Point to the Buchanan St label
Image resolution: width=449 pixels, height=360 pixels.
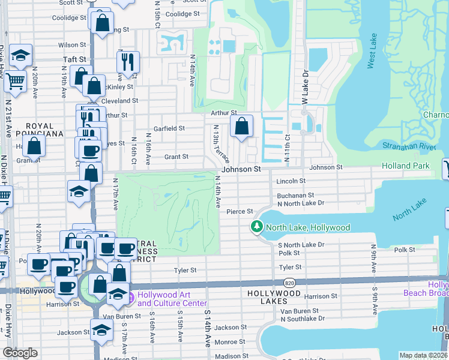point(295,196)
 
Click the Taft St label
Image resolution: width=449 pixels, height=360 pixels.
point(75,60)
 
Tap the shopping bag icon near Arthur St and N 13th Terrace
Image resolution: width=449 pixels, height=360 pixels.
point(242,127)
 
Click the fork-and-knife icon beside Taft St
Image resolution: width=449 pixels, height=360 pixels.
point(128,62)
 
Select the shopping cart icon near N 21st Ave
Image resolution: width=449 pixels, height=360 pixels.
point(16,80)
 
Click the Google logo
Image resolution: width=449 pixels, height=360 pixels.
point(20,353)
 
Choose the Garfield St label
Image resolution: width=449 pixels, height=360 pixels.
point(169,128)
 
